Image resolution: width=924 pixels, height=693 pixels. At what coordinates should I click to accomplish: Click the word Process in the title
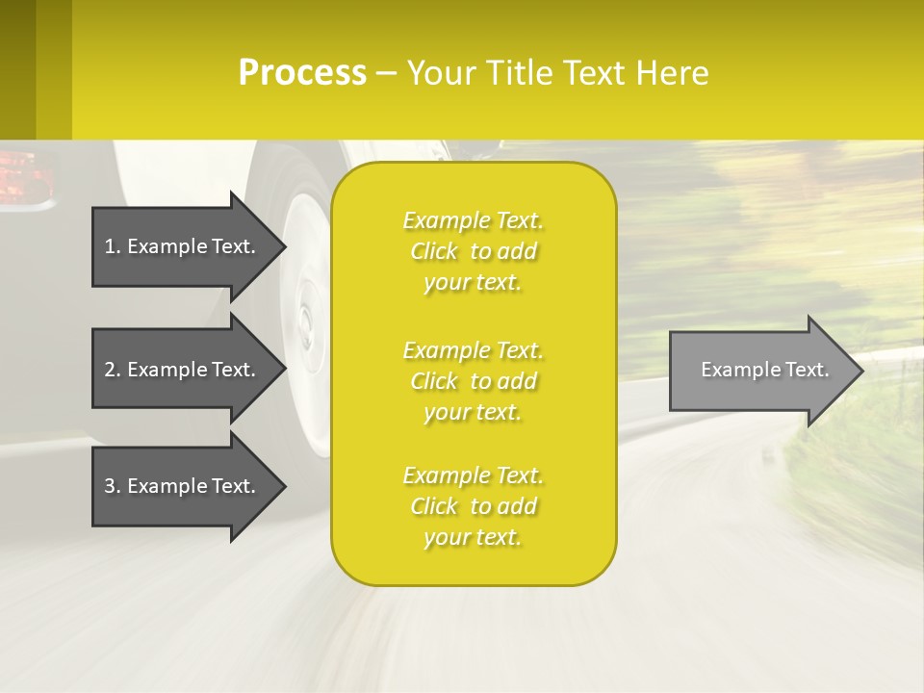[302, 73]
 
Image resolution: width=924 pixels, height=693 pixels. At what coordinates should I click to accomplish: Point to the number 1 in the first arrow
[110, 246]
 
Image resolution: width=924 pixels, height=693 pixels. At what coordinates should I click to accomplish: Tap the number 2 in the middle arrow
[110, 370]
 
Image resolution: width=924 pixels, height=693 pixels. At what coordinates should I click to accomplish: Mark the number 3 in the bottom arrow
[110, 486]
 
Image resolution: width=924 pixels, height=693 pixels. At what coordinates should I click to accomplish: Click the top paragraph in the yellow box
[473, 251]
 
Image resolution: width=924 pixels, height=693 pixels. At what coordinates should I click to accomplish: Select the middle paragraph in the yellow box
[473, 381]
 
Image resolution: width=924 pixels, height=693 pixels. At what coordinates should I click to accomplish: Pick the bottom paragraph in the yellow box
[473, 506]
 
